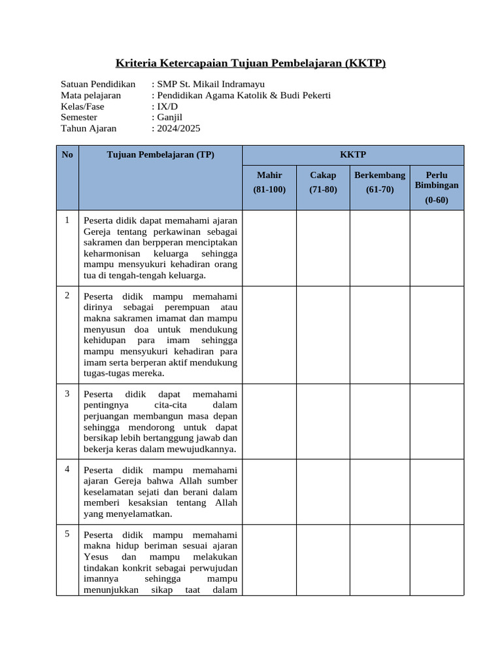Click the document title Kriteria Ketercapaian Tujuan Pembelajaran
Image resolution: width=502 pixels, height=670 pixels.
250,63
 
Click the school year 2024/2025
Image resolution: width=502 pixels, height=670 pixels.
178,129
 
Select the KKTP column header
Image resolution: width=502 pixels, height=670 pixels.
353,155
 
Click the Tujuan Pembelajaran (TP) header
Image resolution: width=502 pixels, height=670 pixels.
160,155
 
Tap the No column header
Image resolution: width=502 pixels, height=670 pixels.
67,155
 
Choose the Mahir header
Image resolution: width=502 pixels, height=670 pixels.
269,175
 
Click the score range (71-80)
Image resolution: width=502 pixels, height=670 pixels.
323,190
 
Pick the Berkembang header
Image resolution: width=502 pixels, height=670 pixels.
380,175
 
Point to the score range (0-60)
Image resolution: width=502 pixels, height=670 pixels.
437,200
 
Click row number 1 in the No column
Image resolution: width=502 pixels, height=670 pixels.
67,220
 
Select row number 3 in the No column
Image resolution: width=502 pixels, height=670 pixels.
67,393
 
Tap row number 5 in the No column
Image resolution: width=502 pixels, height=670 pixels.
67,534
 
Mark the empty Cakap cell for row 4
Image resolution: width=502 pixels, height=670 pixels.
323,491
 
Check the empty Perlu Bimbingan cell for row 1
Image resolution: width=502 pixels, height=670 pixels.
437,247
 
